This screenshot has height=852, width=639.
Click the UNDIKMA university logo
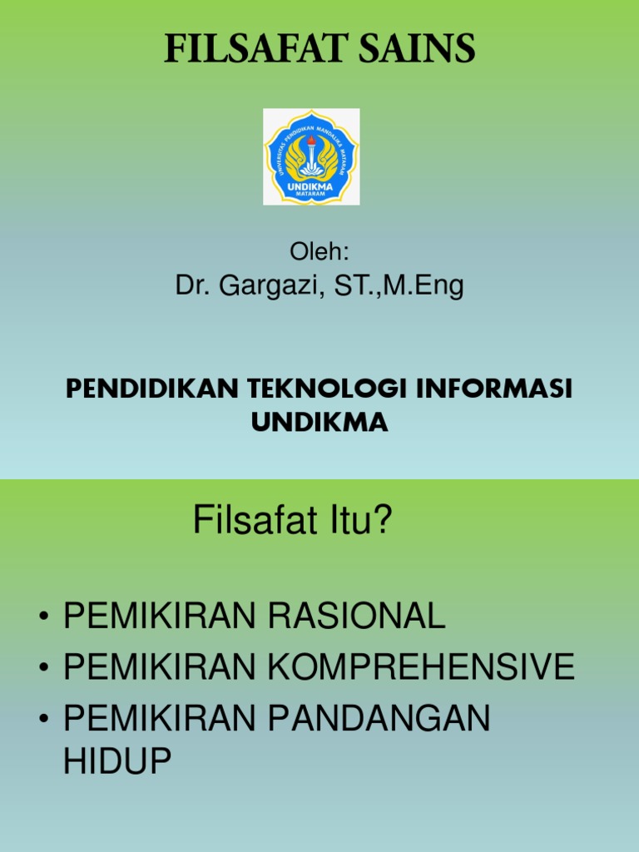pyautogui.click(x=311, y=156)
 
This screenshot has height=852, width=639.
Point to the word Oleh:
pyautogui.click(x=319, y=251)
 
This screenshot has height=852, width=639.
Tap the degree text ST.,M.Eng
pyautogui.click(x=399, y=286)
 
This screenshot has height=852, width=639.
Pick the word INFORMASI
pyautogui.click(x=491, y=389)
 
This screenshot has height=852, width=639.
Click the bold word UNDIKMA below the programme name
pyautogui.click(x=319, y=423)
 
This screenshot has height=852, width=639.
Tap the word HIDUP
pyautogui.click(x=117, y=761)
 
